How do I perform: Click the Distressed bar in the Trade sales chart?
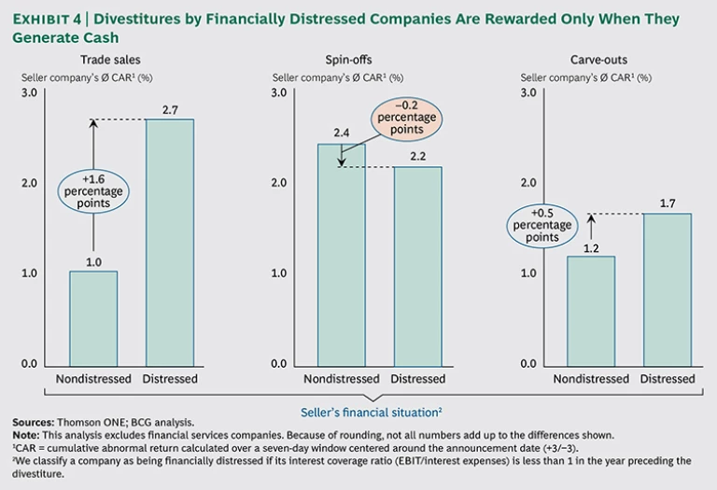[170, 243]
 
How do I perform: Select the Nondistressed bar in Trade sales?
[93, 318]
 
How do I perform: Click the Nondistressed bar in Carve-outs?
[592, 311]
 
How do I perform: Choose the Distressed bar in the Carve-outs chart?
[668, 289]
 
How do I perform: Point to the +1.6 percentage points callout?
[94, 190]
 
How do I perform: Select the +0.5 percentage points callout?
[544, 225]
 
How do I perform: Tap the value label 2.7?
[169, 110]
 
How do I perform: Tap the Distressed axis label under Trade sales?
[170, 379]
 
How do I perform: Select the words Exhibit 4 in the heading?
[47, 20]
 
